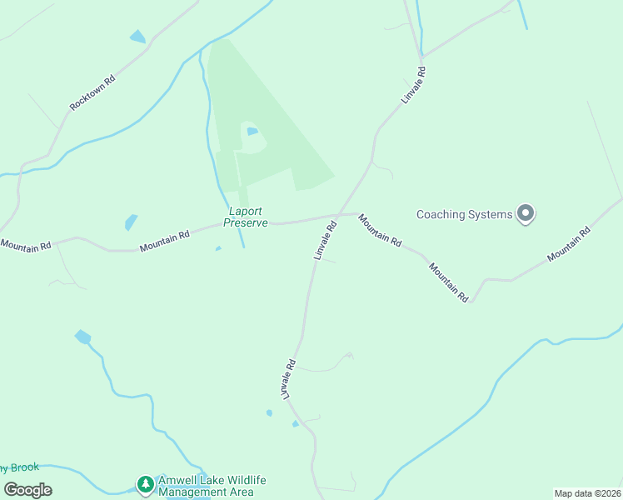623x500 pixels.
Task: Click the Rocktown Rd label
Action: coord(92,92)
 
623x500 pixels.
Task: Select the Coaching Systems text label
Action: coord(464,214)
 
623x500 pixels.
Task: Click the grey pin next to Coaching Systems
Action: coord(525,214)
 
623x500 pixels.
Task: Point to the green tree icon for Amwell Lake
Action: coord(146,484)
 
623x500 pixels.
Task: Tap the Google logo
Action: coord(27,489)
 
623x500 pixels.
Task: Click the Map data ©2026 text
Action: coord(586,493)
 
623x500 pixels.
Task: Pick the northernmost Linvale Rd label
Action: coord(414,85)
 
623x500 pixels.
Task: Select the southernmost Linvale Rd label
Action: coord(290,378)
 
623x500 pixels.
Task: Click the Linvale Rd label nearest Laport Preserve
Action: coord(326,240)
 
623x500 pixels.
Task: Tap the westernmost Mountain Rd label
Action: coord(26,245)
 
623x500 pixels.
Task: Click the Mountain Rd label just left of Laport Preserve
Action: coord(165,241)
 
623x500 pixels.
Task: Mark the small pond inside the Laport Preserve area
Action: coord(252,131)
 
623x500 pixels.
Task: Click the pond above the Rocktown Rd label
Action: coord(137,37)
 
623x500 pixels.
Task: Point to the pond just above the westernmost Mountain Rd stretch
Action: coord(131,222)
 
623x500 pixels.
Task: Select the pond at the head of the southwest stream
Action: coord(82,337)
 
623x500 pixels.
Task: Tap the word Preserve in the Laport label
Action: coord(246,223)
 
